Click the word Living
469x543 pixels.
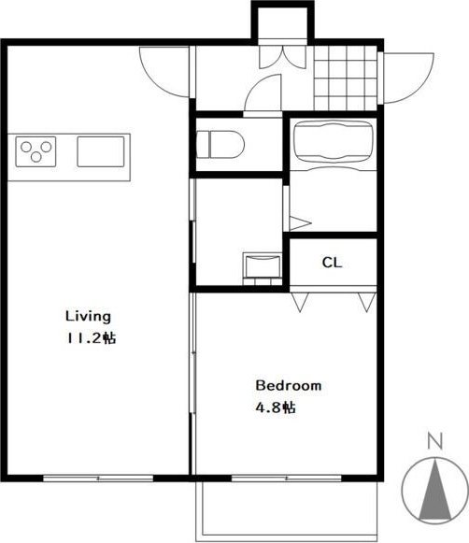[88, 317]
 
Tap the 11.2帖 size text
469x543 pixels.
[92, 338]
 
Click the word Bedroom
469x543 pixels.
[289, 385]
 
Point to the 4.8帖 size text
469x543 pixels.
[276, 407]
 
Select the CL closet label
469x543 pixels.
[332, 263]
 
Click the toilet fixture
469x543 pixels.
[220, 145]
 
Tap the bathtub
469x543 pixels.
[333, 141]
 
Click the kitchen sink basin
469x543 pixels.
[101, 151]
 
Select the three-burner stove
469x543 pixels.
[36, 151]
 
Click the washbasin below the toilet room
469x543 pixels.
[263, 265]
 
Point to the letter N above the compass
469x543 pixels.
[435, 441]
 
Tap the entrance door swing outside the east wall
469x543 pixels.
[408, 78]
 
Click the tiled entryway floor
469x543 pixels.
[346, 78]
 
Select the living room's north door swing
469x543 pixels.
[164, 72]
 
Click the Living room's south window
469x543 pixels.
[98, 479]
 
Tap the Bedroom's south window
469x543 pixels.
[286, 479]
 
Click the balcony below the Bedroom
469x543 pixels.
[286, 512]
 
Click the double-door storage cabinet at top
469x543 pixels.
[283, 56]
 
